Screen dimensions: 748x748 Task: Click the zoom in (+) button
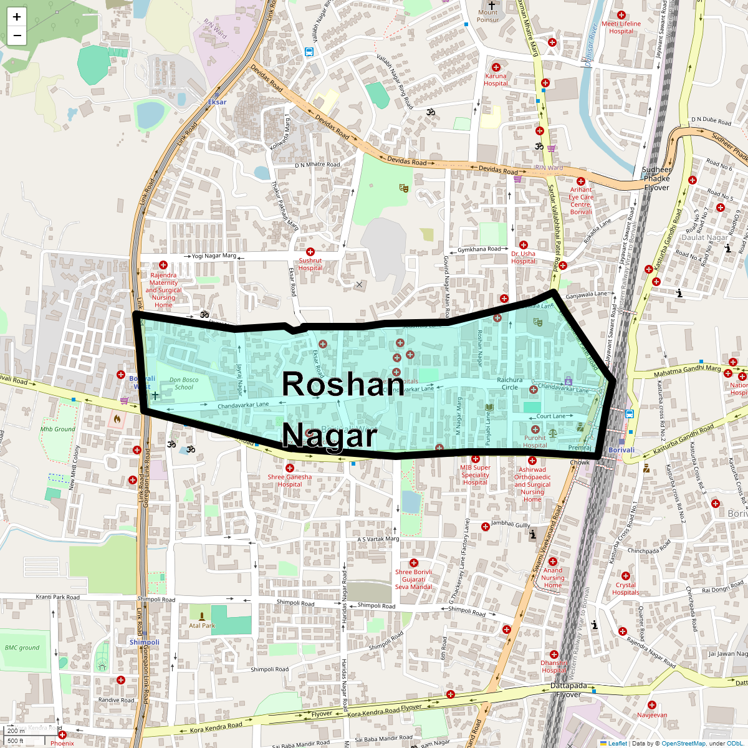click(x=17, y=17)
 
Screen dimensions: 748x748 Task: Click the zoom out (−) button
click(x=17, y=36)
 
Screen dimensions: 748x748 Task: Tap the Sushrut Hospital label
click(x=310, y=264)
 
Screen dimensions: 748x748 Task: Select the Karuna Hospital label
click(x=496, y=80)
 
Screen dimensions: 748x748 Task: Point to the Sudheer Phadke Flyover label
click(x=656, y=178)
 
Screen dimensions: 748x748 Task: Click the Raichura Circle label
click(x=510, y=383)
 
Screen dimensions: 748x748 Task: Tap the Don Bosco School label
click(x=184, y=383)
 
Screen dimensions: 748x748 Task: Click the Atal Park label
click(x=202, y=626)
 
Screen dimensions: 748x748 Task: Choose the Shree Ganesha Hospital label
click(x=290, y=481)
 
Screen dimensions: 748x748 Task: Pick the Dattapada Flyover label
click(x=568, y=690)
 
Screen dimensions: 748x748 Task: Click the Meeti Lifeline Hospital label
click(x=621, y=27)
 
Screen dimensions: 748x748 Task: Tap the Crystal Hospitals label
click(x=626, y=588)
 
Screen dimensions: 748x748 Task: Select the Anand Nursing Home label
click(x=553, y=578)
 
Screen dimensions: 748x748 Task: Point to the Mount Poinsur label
click(x=488, y=16)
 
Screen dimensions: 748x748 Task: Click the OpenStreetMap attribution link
click(x=683, y=743)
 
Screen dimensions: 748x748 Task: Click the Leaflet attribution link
click(x=618, y=743)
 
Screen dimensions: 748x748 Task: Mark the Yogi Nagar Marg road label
click(x=214, y=256)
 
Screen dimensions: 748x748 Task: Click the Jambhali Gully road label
click(x=511, y=524)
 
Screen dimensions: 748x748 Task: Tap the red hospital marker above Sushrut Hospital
click(x=310, y=252)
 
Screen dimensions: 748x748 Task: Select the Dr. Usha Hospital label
click(x=523, y=257)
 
